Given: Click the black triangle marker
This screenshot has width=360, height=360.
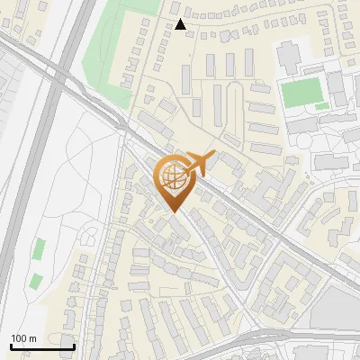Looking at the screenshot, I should (x=182, y=25).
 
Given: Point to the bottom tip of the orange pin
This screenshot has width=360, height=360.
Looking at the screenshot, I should (x=173, y=212).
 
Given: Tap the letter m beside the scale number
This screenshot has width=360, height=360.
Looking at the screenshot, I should (x=32, y=338).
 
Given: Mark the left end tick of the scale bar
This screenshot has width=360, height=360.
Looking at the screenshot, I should (x=11, y=346).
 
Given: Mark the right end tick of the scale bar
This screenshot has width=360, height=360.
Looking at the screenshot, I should (x=74, y=346).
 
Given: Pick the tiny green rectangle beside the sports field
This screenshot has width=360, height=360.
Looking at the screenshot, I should (x=322, y=106).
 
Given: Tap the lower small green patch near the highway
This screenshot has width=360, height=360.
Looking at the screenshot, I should (x=35, y=280).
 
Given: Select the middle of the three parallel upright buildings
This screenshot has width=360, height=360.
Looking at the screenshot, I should (x=229, y=65).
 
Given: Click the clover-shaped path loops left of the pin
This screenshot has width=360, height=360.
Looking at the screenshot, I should (x=90, y=236).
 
